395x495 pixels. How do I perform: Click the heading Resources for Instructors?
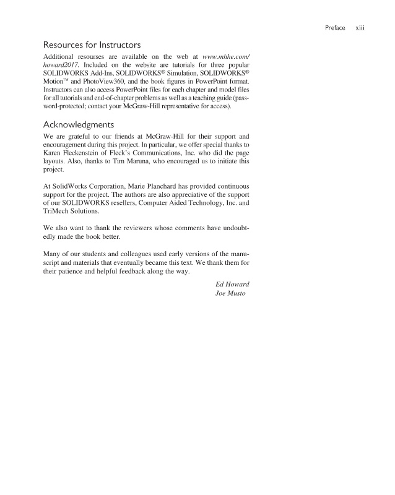tap(92, 45)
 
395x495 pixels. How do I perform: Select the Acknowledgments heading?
tap(77, 124)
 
